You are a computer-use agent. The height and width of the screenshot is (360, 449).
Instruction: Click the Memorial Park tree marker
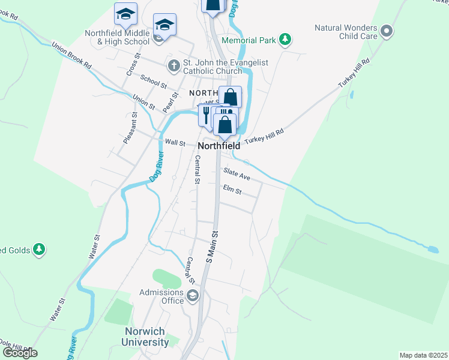pyautogui.click(x=286, y=40)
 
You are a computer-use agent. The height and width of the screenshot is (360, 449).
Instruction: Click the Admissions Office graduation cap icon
pyautogui.click(x=193, y=295)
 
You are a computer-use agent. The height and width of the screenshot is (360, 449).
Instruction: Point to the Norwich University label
pyautogui.click(x=147, y=337)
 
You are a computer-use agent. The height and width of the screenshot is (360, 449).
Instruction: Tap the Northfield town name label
pyautogui.click(x=218, y=146)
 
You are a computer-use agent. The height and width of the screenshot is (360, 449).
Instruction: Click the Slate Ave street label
pyautogui.click(x=237, y=175)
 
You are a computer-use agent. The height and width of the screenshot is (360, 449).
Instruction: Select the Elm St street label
pyautogui.click(x=232, y=191)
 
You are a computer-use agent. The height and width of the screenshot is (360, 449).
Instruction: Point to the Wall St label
pyautogui.click(x=174, y=142)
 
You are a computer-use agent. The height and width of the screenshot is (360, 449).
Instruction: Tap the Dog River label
pyautogui.click(x=156, y=167)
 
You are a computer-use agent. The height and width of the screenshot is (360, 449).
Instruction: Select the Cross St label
pyautogui.click(x=133, y=64)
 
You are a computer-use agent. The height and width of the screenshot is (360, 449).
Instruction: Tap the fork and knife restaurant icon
pyautogui.click(x=206, y=114)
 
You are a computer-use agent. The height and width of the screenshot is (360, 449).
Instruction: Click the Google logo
pyautogui.click(x=19, y=353)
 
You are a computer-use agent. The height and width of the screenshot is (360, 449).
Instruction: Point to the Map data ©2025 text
pyautogui.click(x=423, y=355)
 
